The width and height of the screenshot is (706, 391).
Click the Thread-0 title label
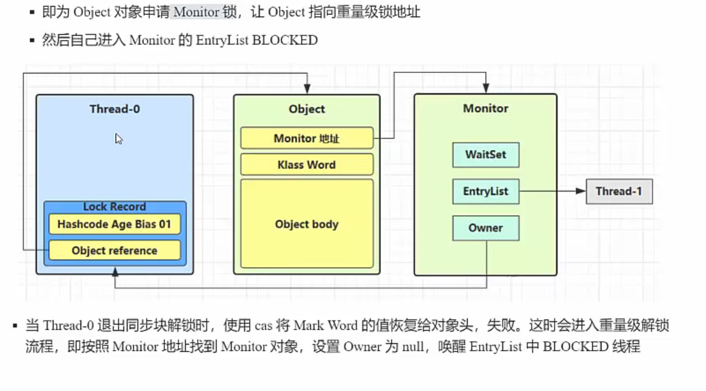coord(115,109)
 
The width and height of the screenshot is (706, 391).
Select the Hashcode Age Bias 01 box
coord(115,224)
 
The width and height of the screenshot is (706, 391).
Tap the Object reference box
coord(115,251)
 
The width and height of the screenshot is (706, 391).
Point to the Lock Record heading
coord(115,207)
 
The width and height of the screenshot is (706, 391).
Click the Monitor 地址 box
coord(307,139)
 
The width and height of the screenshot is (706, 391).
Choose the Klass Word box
coord(307,165)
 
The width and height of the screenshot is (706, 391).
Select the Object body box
coord(307,224)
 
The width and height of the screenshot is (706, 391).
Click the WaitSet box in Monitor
coord(486,155)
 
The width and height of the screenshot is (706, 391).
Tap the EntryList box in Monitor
coord(486,191)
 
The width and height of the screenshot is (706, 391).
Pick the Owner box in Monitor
coord(486,228)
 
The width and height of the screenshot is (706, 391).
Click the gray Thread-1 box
coord(619,191)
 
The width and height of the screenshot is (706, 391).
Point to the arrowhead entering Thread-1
coord(581,191)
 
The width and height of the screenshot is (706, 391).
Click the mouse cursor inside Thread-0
coord(119,139)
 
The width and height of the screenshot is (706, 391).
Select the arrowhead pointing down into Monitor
coord(485,89)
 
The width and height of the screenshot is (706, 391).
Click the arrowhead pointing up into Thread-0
coord(115,272)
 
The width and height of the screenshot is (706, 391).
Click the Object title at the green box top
coord(307,109)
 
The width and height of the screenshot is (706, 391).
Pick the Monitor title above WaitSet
coord(486,109)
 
